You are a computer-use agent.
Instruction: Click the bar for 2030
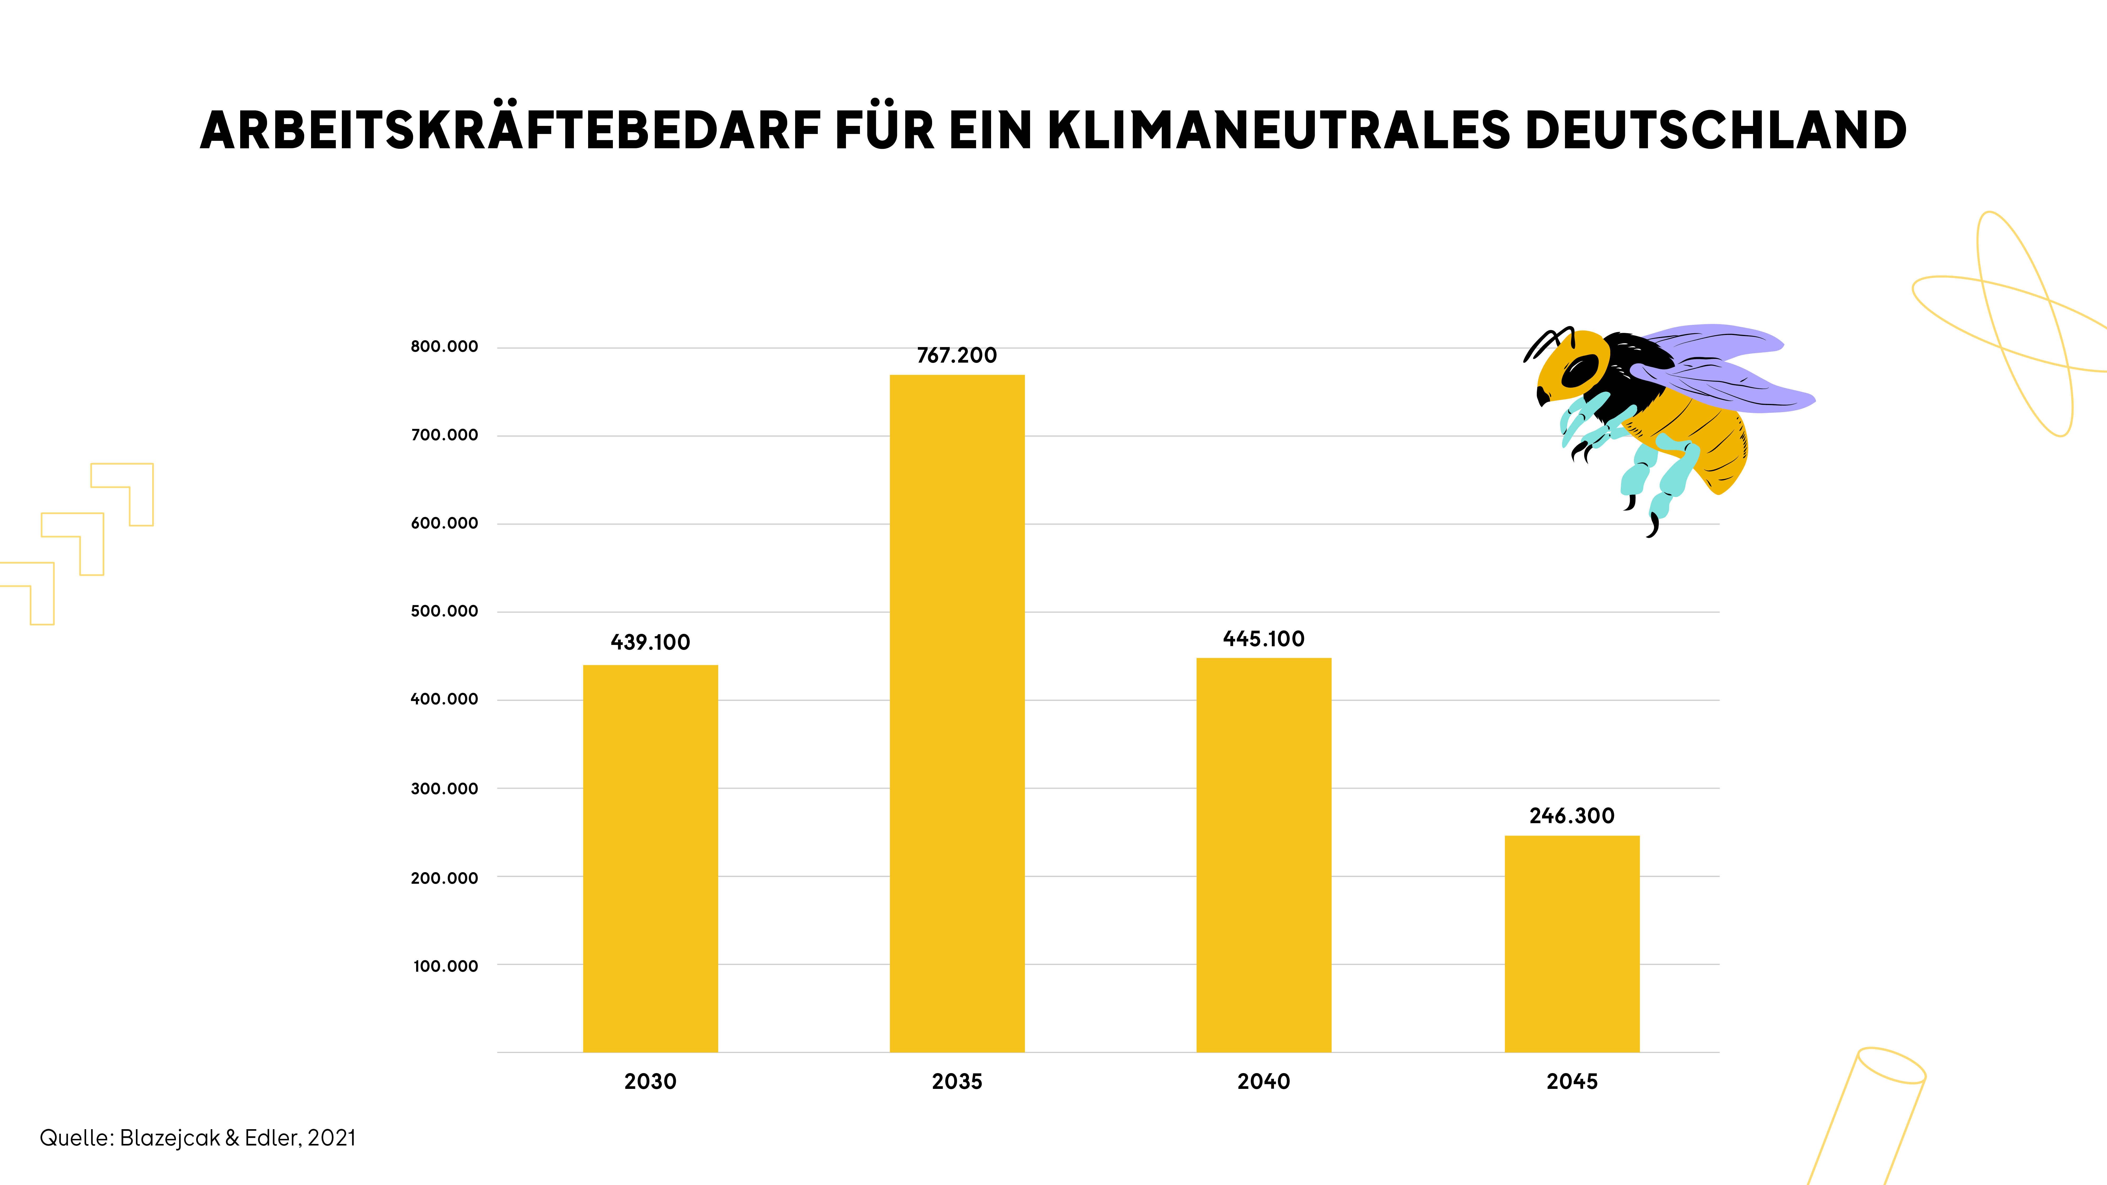point(650,859)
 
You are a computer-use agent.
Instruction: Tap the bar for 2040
point(1264,855)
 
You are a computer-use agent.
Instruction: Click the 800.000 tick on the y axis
point(444,347)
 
